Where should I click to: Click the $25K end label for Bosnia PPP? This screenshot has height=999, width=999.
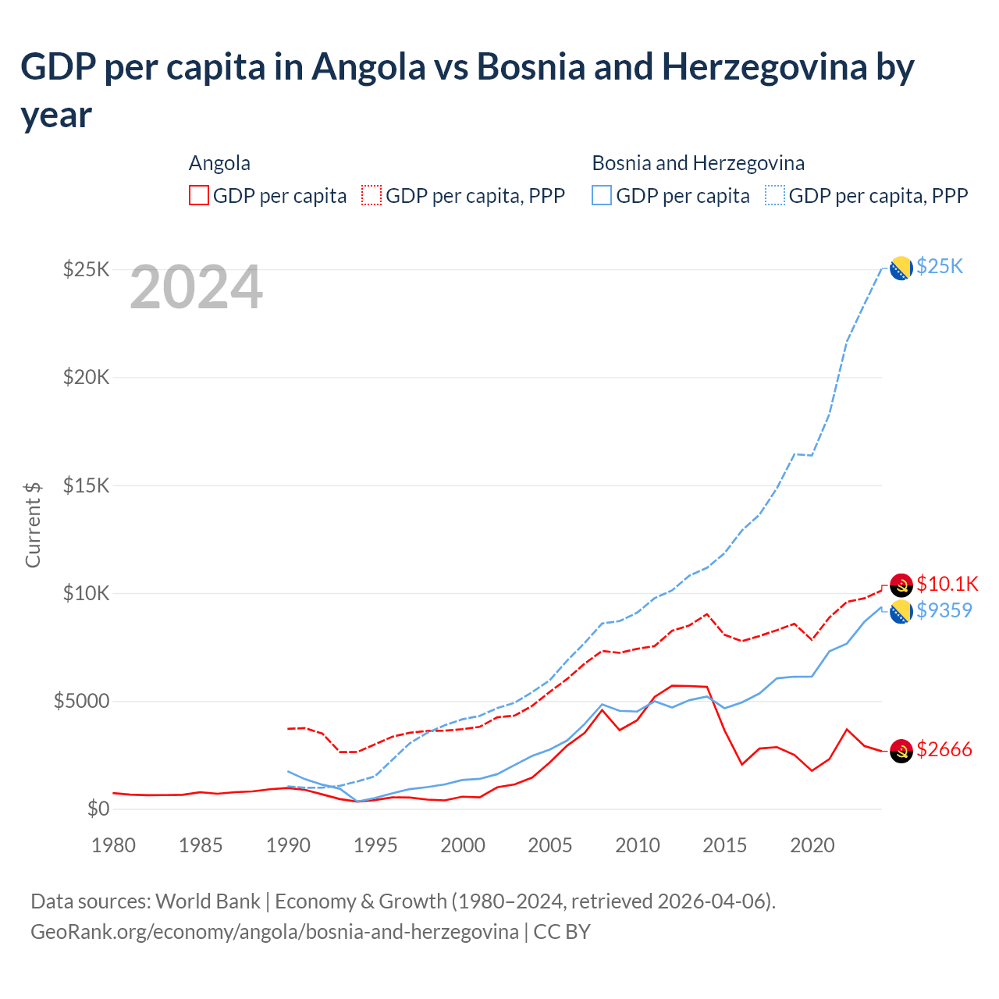(x=940, y=267)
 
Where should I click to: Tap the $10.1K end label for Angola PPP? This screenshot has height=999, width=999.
(x=947, y=584)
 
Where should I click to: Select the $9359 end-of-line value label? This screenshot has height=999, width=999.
(x=944, y=610)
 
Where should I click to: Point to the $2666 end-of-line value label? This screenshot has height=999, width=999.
(x=944, y=750)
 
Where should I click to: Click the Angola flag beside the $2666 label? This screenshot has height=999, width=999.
(x=901, y=751)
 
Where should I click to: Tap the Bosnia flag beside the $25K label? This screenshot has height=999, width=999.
(x=901, y=268)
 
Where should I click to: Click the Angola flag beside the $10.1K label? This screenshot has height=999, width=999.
(x=901, y=585)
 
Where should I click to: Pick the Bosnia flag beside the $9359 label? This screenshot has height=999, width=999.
(x=901, y=612)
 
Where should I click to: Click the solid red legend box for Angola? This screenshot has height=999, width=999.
(x=199, y=196)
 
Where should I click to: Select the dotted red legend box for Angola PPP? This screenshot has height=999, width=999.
(x=372, y=196)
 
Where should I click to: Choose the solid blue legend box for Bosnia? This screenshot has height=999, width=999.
(x=602, y=196)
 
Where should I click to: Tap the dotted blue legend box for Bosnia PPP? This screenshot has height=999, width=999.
(x=775, y=196)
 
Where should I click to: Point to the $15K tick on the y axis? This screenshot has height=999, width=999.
(x=86, y=485)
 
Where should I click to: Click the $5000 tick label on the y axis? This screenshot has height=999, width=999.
(x=81, y=701)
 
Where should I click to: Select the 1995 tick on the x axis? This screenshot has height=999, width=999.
(x=375, y=845)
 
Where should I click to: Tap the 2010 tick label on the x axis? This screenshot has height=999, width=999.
(x=638, y=845)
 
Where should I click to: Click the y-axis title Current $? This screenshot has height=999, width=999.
(x=33, y=524)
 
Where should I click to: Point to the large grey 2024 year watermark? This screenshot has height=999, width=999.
(x=196, y=287)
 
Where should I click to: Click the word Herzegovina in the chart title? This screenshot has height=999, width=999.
(x=764, y=67)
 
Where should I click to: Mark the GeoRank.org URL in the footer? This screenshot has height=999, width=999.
(x=275, y=932)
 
